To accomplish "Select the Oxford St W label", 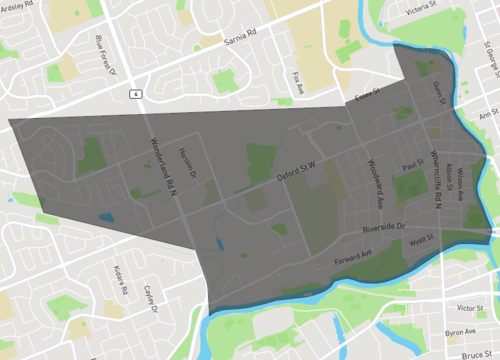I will click(296, 175).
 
